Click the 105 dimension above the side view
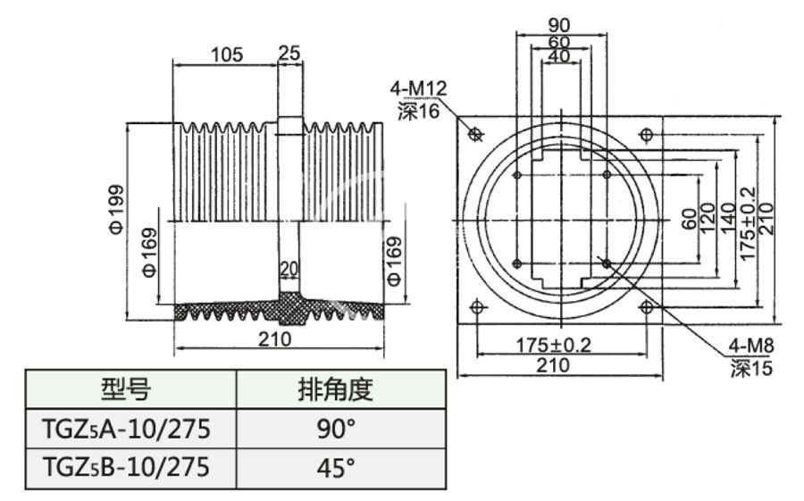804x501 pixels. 227,54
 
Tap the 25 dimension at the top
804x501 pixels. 289,54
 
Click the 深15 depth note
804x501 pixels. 750,367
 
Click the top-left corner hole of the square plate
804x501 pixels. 475,135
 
